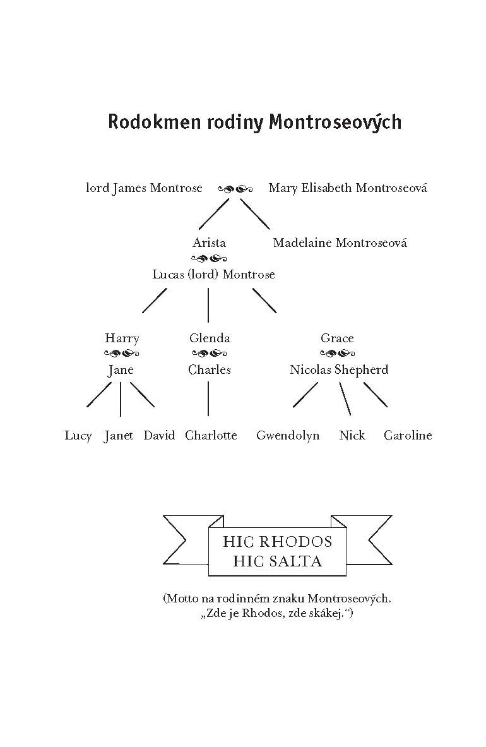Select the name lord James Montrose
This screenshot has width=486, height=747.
(x=144, y=188)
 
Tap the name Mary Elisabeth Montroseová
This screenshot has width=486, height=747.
(x=348, y=188)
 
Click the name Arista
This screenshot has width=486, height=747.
(x=209, y=242)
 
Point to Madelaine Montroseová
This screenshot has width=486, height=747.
(x=340, y=242)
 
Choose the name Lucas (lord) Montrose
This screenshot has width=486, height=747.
(x=213, y=275)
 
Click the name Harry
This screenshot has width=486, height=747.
(x=122, y=338)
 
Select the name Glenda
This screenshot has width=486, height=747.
(x=210, y=338)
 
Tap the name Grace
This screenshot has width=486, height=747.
(x=337, y=338)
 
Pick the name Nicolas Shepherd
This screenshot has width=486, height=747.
(x=339, y=370)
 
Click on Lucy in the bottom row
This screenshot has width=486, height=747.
(x=78, y=436)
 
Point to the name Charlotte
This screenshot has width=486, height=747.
(x=211, y=436)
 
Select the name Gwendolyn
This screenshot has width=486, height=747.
(x=288, y=436)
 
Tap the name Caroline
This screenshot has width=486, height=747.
(x=408, y=436)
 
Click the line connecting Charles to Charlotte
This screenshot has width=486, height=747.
(x=208, y=398)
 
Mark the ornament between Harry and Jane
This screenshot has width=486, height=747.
(x=121, y=354)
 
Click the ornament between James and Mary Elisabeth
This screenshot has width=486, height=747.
(x=235, y=189)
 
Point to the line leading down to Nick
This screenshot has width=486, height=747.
(x=345, y=398)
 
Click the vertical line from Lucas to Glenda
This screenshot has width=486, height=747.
(x=208, y=305)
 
